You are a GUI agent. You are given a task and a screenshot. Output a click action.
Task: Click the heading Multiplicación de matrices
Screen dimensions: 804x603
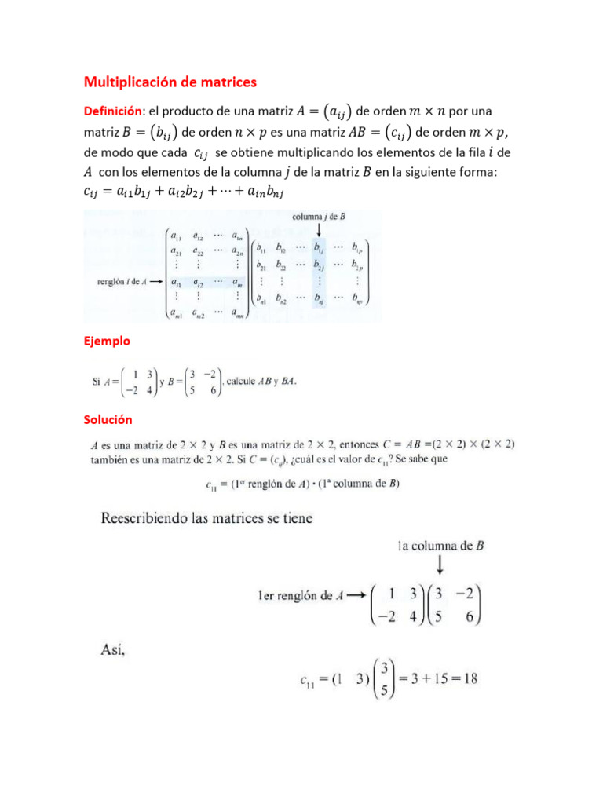(x=170, y=82)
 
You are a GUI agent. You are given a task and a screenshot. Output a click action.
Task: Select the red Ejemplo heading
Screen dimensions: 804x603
(x=107, y=342)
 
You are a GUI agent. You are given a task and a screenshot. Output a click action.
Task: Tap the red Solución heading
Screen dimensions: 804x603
(x=108, y=420)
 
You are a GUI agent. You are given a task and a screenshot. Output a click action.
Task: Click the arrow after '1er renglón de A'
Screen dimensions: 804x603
(x=354, y=595)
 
